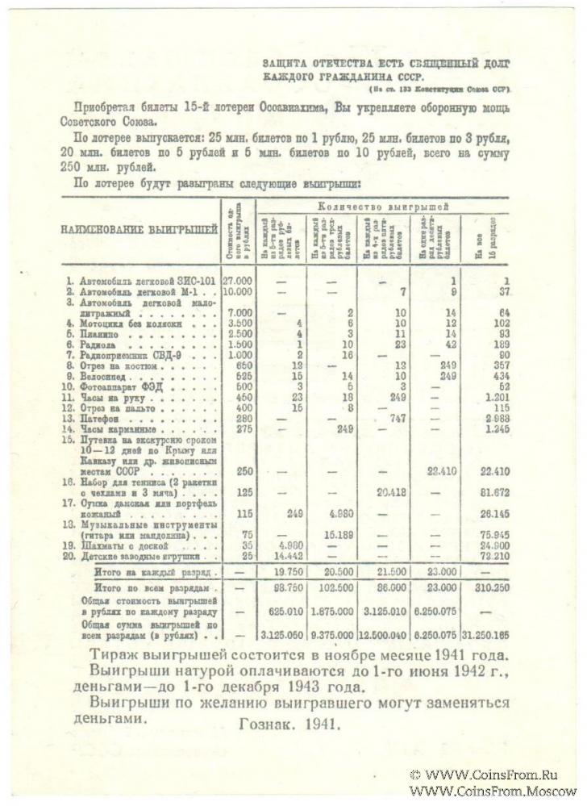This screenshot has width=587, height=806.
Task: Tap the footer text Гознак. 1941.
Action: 289,724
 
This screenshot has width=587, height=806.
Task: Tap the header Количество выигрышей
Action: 381,207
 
